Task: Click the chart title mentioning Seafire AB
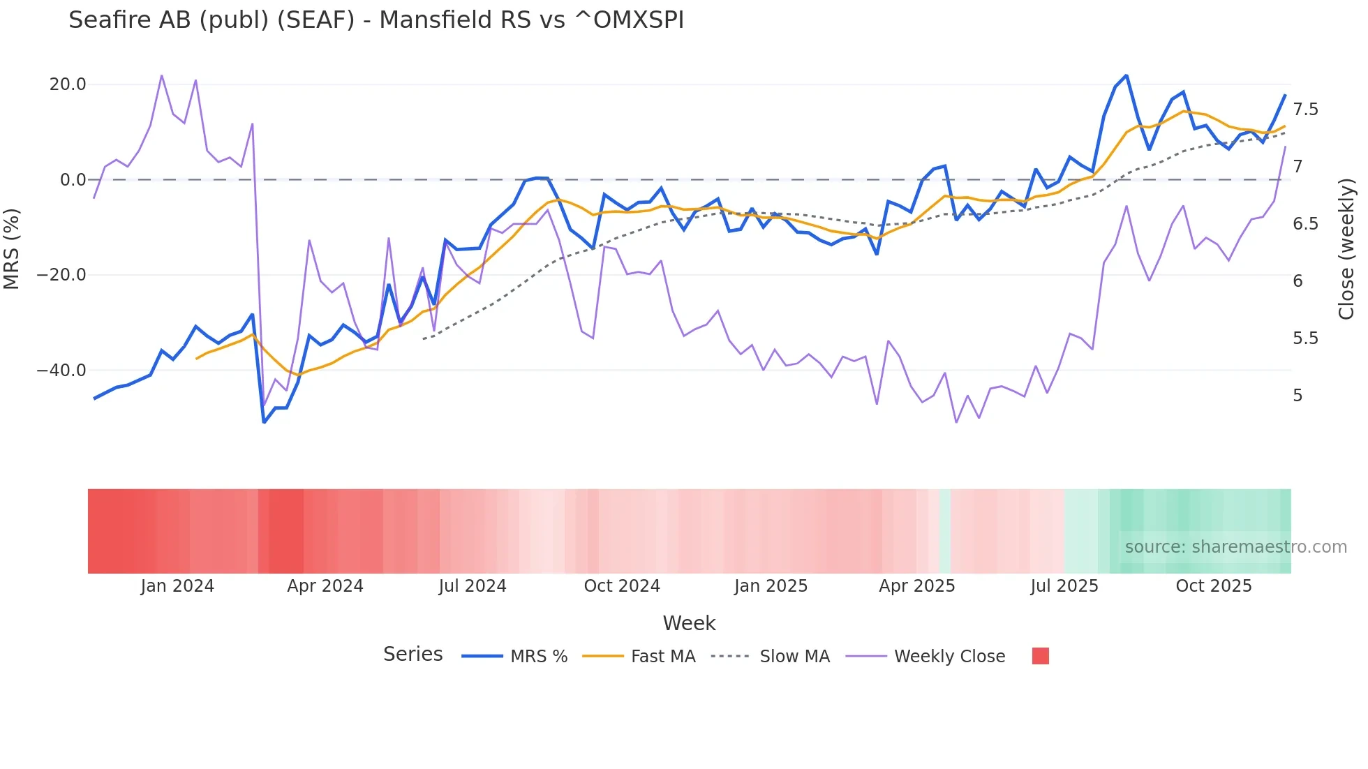[376, 20]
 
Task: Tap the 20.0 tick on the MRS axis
[68, 84]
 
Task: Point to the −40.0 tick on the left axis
[61, 371]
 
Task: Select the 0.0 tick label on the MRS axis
[73, 180]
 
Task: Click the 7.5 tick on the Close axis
[1305, 110]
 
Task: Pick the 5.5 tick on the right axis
[1305, 338]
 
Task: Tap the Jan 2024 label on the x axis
[177, 586]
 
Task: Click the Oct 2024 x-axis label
[622, 586]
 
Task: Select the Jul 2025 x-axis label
[1064, 586]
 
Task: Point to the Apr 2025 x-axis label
[916, 586]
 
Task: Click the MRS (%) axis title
[12, 249]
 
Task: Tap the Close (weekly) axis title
[1346, 249]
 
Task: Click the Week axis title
[689, 623]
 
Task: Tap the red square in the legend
[1040, 656]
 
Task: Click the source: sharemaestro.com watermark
[1235, 547]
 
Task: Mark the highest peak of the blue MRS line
[1126, 76]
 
